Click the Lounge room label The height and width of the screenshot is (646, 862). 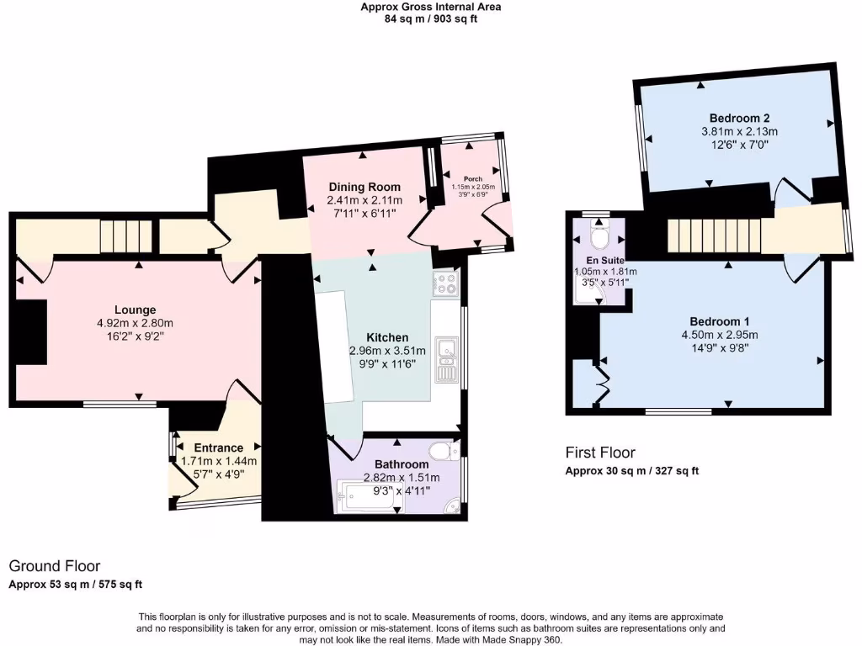pos(136,310)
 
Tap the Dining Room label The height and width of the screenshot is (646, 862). pos(364,187)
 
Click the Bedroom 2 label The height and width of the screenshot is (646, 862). pos(739,118)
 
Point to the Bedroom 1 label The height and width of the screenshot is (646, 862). pos(719,321)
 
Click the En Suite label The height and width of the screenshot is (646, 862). pos(600,260)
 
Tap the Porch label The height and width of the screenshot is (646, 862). pos(472,177)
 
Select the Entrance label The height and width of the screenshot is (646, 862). pos(218,447)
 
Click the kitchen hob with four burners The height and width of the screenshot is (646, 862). pos(444,286)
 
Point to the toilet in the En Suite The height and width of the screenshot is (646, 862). pos(600,238)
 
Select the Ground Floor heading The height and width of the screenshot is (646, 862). pos(55,566)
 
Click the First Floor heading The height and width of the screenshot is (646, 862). pos(599,453)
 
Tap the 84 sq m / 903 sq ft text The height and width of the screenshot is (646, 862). pos(430,19)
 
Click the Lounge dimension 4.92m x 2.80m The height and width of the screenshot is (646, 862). pos(136,323)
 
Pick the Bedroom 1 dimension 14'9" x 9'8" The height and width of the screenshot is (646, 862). pos(719,348)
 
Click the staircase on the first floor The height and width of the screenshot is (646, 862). pos(706,234)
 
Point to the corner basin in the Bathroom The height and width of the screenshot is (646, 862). pos(453,506)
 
